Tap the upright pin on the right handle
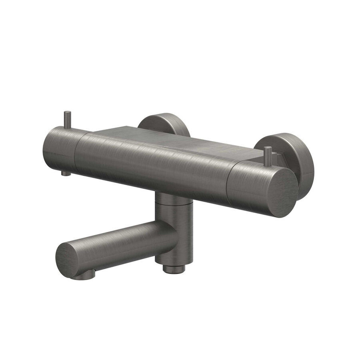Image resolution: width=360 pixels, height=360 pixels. [268, 154]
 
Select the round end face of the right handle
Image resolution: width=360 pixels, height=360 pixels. [282, 192]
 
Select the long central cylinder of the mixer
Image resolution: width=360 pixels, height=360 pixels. [152, 164]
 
